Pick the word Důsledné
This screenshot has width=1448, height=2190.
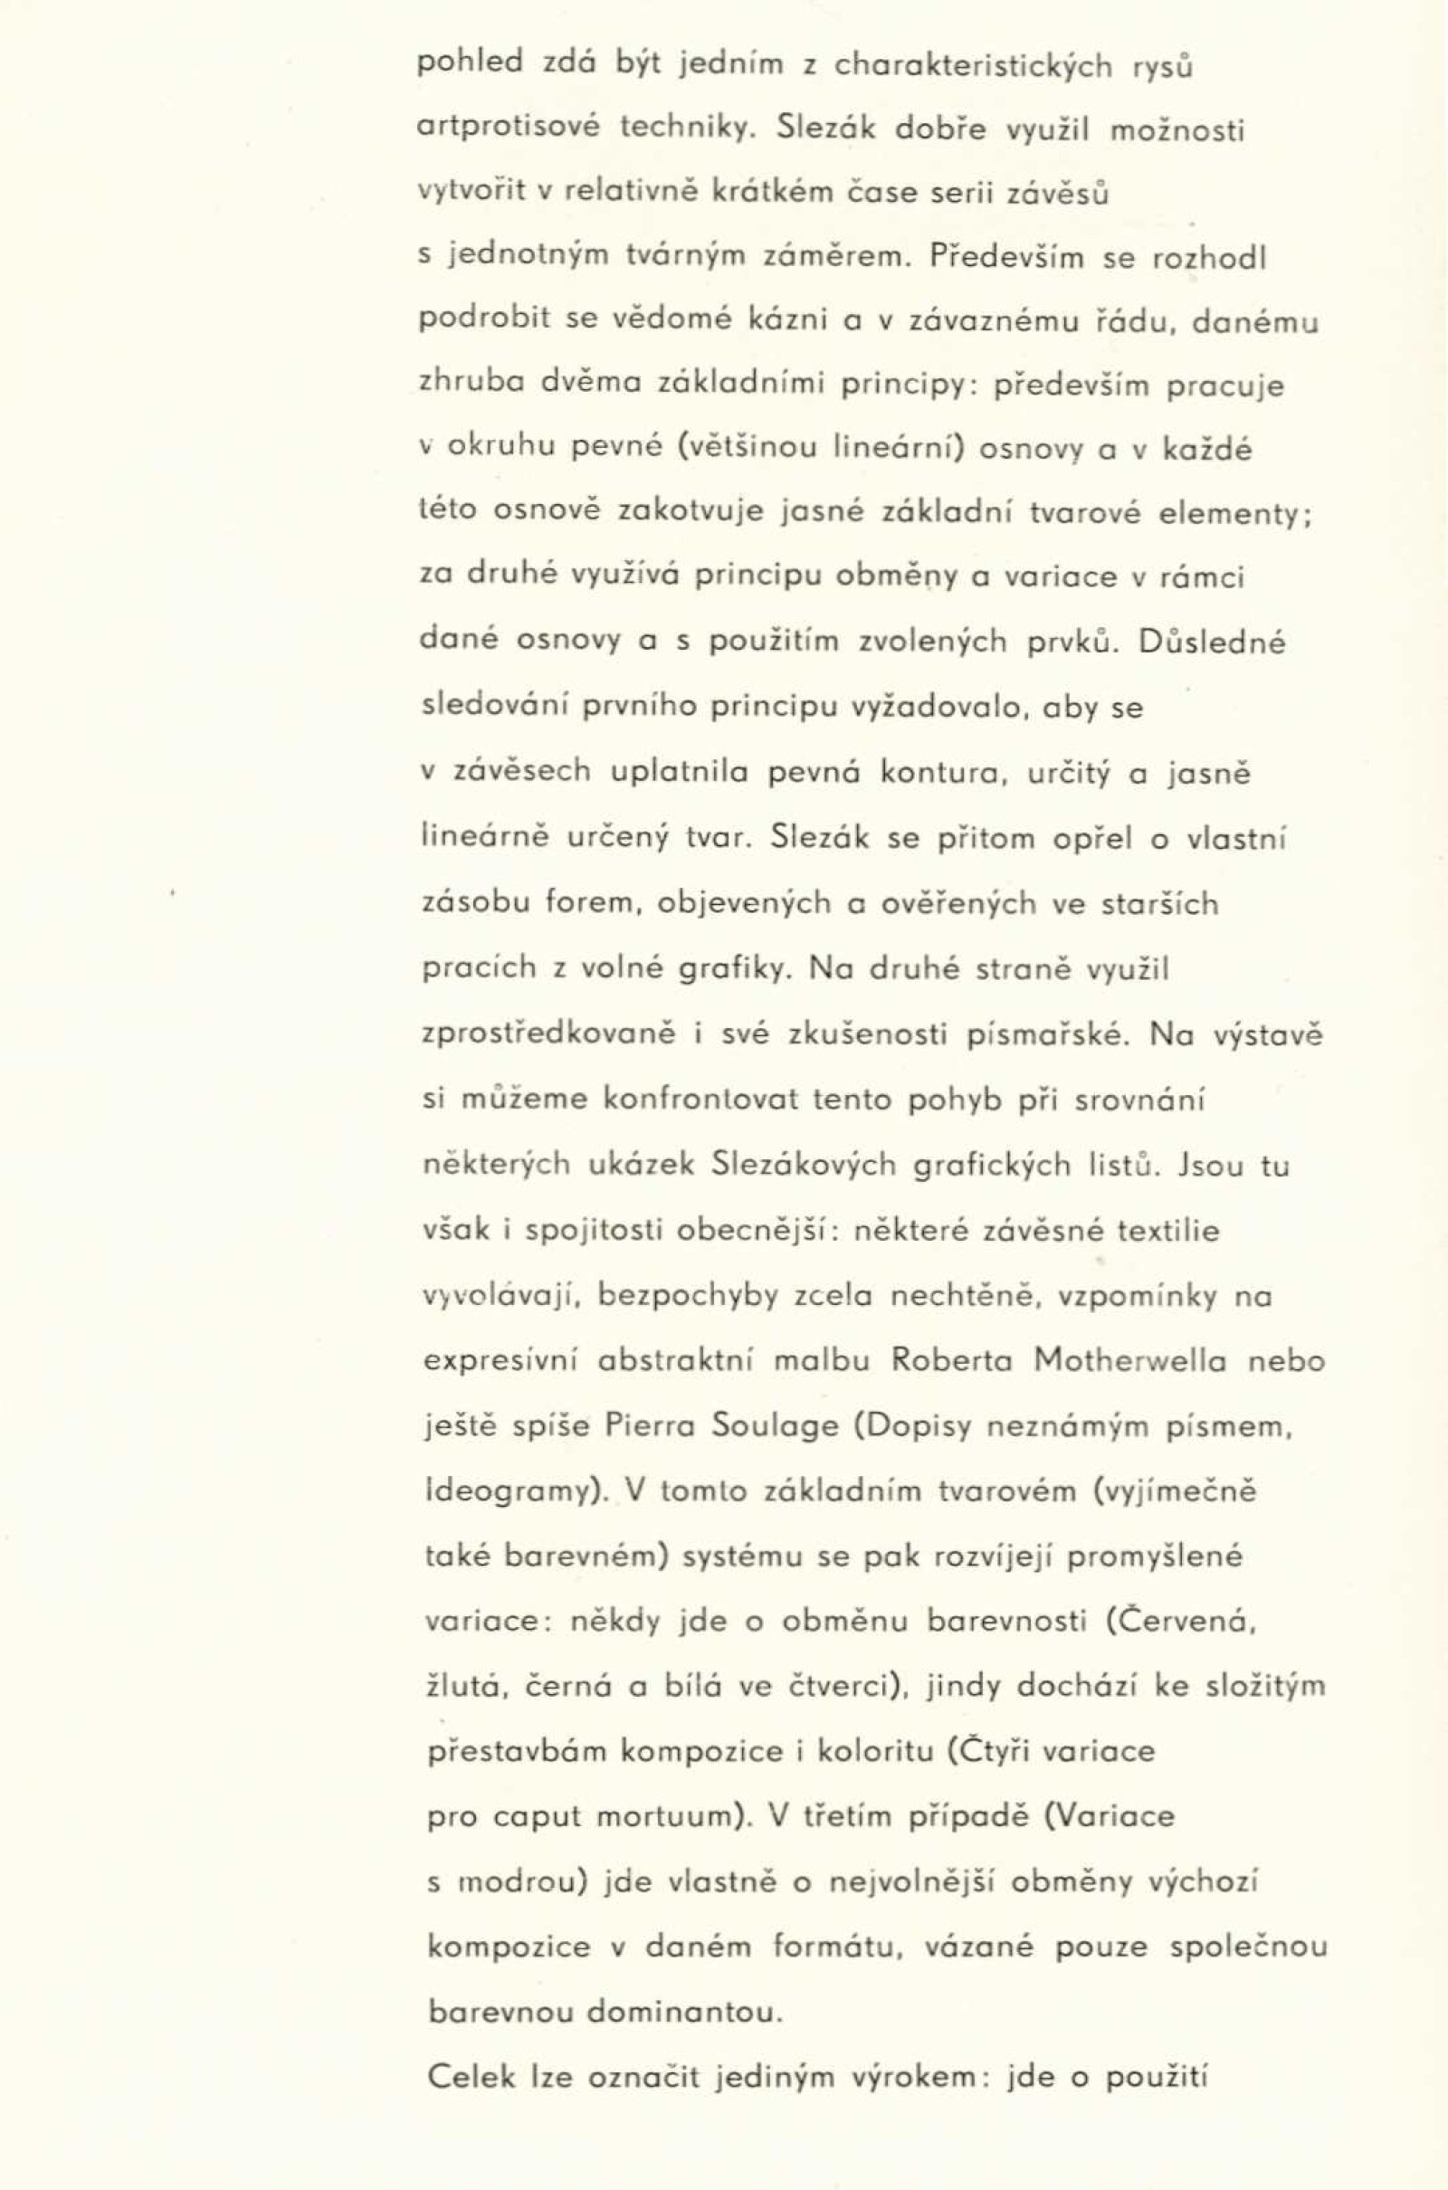[1213, 642]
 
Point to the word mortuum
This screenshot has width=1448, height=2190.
[664, 1817]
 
